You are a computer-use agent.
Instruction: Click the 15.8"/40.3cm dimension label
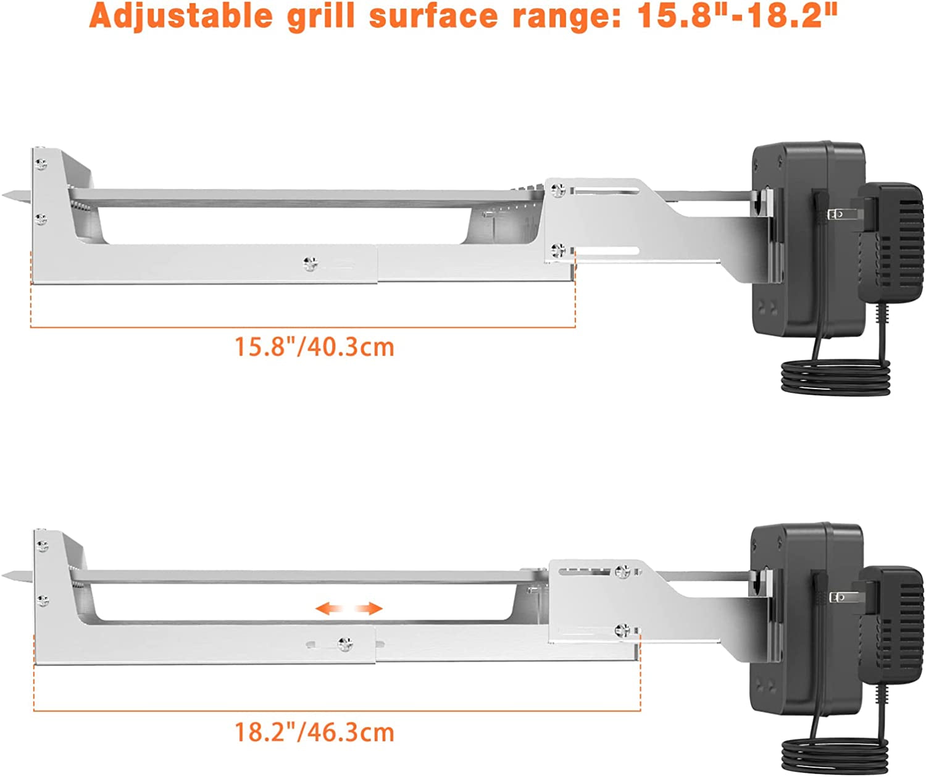coord(314,346)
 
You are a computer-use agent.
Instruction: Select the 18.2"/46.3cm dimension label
coord(314,732)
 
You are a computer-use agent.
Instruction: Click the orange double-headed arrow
coord(349,609)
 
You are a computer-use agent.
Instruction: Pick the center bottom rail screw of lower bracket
coord(345,645)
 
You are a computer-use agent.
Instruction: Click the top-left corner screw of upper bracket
coord(41,164)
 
